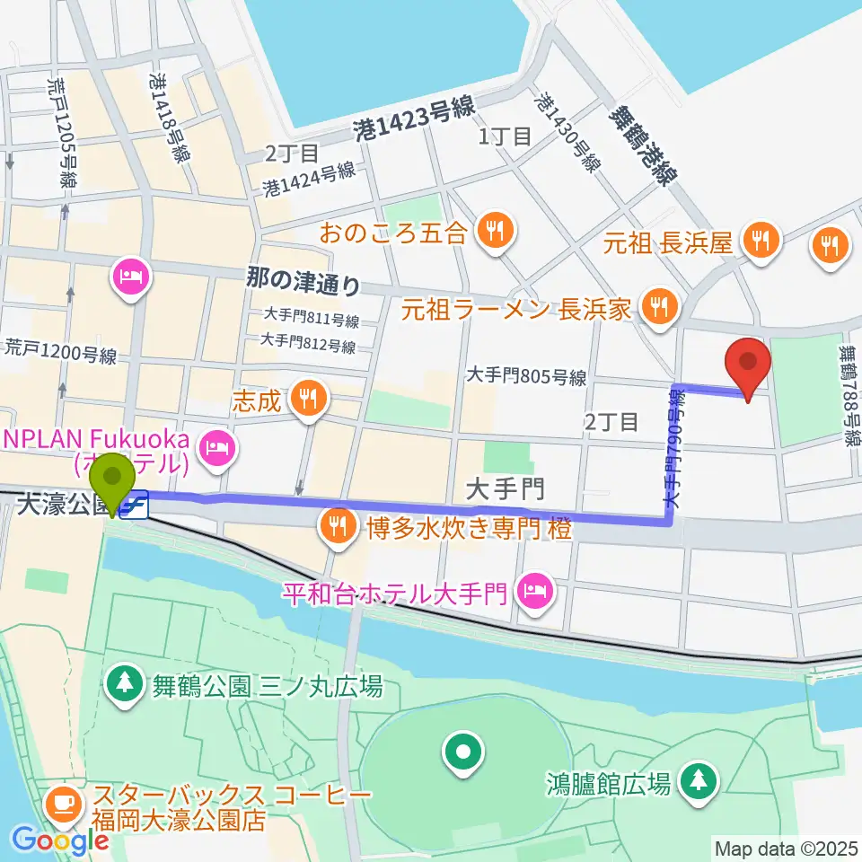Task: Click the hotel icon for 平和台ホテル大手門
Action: point(536,592)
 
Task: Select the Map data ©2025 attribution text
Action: point(784,847)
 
